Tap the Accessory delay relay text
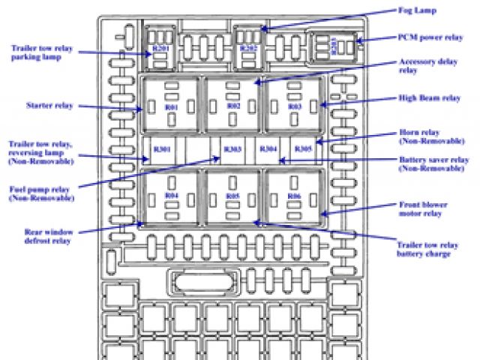pos(427,67)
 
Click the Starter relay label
pos(49,106)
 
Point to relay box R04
pos(171,196)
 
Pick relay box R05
pos(232,196)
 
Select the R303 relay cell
pos(232,149)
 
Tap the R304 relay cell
pos(268,149)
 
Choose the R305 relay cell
pos(303,149)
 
